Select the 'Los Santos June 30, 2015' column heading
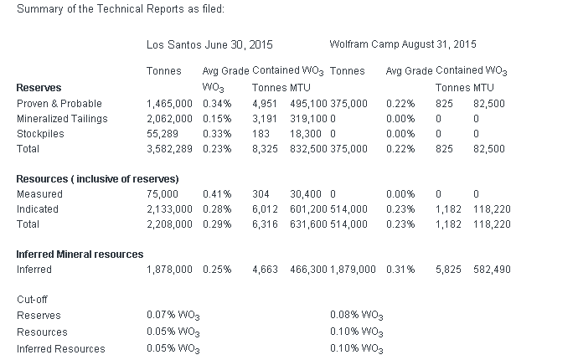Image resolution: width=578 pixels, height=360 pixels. coord(209,44)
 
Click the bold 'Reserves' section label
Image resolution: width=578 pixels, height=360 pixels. coord(39,87)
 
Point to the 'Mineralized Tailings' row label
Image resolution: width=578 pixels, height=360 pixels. coord(62,118)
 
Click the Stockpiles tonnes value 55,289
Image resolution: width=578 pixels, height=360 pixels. coord(163,133)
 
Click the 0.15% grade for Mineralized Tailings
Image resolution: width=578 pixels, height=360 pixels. coord(217,118)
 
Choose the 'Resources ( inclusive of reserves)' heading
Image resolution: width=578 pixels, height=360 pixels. coord(97,179)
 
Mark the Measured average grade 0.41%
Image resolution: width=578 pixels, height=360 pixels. coord(217,193)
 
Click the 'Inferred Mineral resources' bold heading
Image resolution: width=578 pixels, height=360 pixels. coord(80,254)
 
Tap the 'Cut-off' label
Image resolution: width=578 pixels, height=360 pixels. coord(33,300)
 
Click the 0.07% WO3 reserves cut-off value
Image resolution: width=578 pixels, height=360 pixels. coord(173,316)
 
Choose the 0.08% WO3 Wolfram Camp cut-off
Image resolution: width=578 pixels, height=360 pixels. coord(357,316)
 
